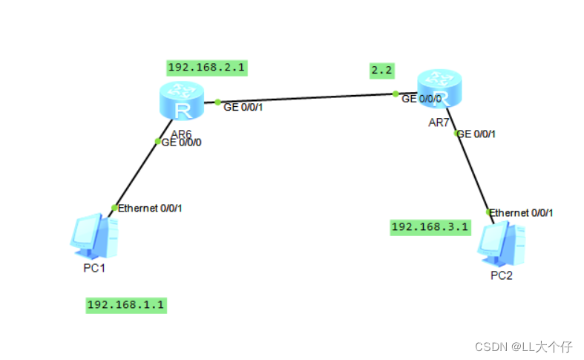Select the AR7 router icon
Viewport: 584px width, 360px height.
click(x=439, y=88)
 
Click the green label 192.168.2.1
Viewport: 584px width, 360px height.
click(x=207, y=68)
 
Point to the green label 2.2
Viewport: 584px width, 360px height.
click(x=381, y=71)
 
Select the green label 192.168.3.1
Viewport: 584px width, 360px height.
click(x=430, y=227)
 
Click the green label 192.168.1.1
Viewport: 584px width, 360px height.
click(x=126, y=304)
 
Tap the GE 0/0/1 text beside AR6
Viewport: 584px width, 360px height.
click(x=243, y=107)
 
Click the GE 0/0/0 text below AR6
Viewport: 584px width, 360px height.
click(x=181, y=143)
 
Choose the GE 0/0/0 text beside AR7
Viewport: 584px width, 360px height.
click(x=421, y=98)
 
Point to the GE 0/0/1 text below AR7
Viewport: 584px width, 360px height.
click(x=476, y=134)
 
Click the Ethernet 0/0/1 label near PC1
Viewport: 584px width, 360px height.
click(x=150, y=208)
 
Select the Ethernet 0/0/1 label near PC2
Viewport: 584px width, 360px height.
click(x=522, y=212)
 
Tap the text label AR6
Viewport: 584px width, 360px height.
click(x=181, y=134)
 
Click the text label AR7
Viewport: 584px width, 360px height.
click(x=439, y=122)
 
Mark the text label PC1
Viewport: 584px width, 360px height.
click(x=94, y=268)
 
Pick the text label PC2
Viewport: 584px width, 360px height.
click(x=502, y=276)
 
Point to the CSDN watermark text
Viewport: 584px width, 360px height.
click(x=523, y=347)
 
